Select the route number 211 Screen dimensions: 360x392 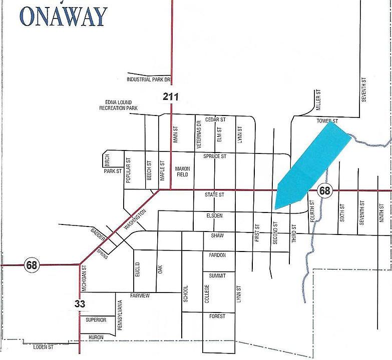(x=171, y=96)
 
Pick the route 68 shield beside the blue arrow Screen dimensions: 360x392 (x=325, y=190)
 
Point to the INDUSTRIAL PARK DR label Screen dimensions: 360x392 (x=149, y=79)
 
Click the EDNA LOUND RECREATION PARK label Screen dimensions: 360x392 (x=118, y=105)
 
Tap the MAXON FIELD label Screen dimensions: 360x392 (x=182, y=171)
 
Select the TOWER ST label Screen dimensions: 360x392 (x=327, y=121)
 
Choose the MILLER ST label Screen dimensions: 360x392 (x=317, y=100)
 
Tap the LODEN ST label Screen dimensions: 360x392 (x=43, y=346)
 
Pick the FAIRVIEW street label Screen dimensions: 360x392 (x=140, y=295)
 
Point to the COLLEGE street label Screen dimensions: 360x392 (x=206, y=293)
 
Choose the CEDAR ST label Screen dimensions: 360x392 (x=215, y=119)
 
